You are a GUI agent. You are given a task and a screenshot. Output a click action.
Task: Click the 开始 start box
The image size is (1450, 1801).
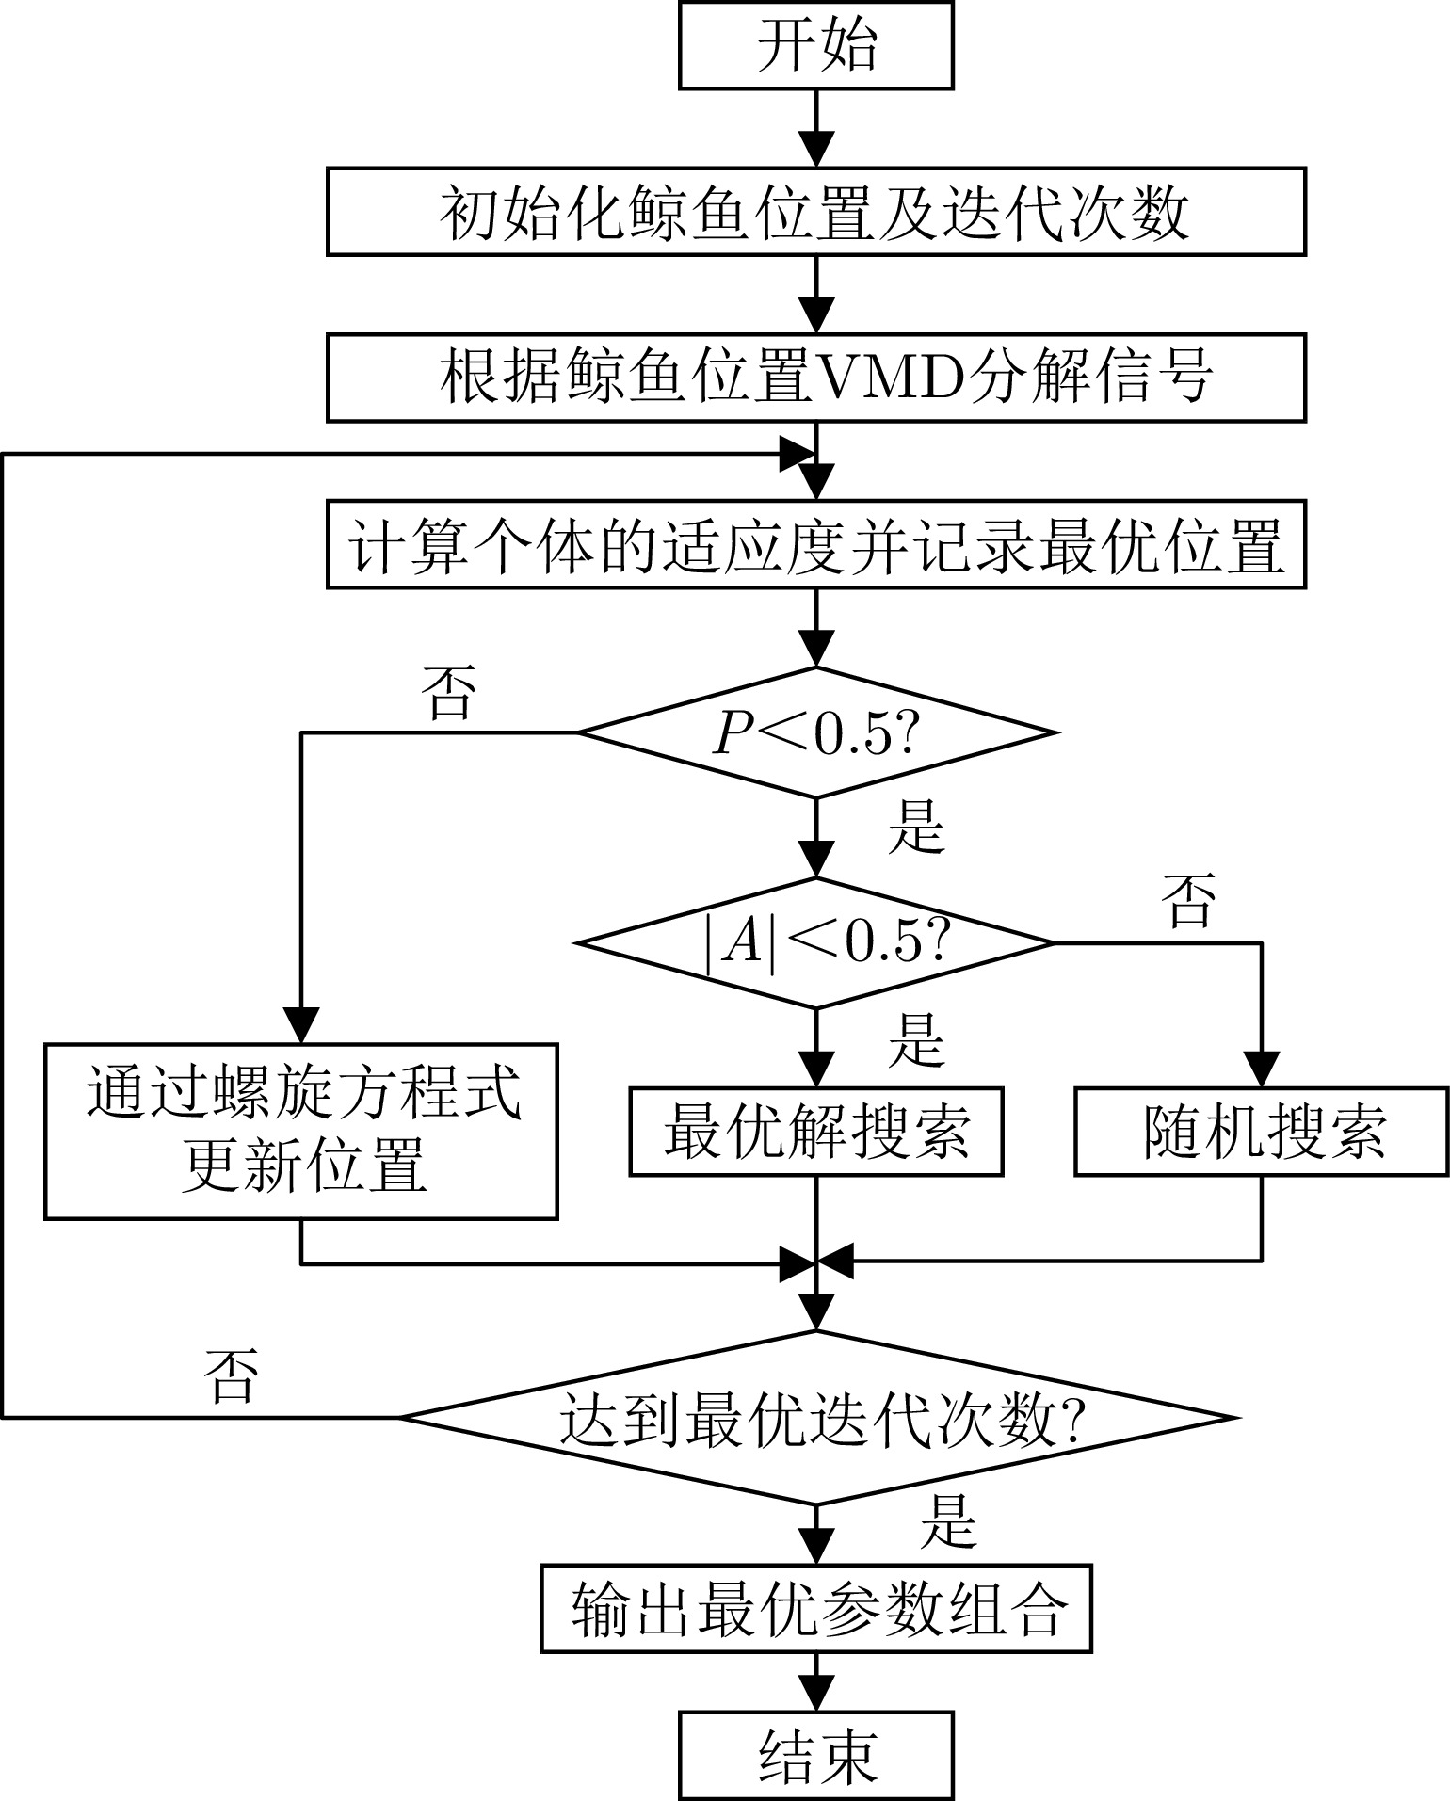816,45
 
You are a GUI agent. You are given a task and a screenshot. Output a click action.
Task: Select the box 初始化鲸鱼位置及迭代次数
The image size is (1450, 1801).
816,212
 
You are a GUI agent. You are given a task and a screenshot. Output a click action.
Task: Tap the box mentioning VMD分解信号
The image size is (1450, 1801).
816,377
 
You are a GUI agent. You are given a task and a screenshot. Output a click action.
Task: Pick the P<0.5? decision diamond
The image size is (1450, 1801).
816,733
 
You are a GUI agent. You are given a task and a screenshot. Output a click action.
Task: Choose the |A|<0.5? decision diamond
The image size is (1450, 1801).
816,942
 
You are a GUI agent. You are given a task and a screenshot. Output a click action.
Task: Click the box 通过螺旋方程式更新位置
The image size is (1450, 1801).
301,1131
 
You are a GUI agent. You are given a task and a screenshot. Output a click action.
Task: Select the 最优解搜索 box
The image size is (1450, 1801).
816,1132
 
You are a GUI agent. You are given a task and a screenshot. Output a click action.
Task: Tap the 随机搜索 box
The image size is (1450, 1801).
1262,1132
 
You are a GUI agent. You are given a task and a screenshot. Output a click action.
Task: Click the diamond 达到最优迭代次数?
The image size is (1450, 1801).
816,1417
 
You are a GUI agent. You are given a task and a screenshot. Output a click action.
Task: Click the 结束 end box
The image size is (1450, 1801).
816,1757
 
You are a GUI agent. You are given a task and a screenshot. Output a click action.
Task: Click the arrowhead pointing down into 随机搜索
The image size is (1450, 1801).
1262,1069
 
